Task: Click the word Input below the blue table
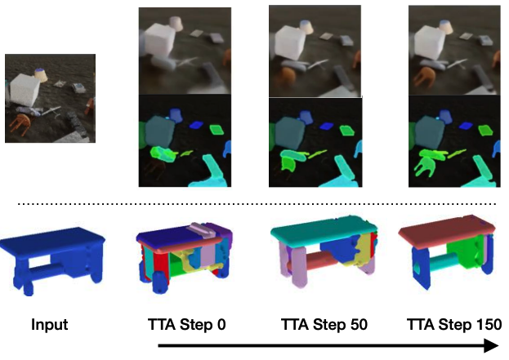pos(49,325)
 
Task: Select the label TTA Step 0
pos(185,325)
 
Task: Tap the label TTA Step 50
pos(324,325)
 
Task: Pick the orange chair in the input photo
pos(20,124)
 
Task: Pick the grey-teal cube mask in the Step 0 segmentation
pos(159,131)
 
